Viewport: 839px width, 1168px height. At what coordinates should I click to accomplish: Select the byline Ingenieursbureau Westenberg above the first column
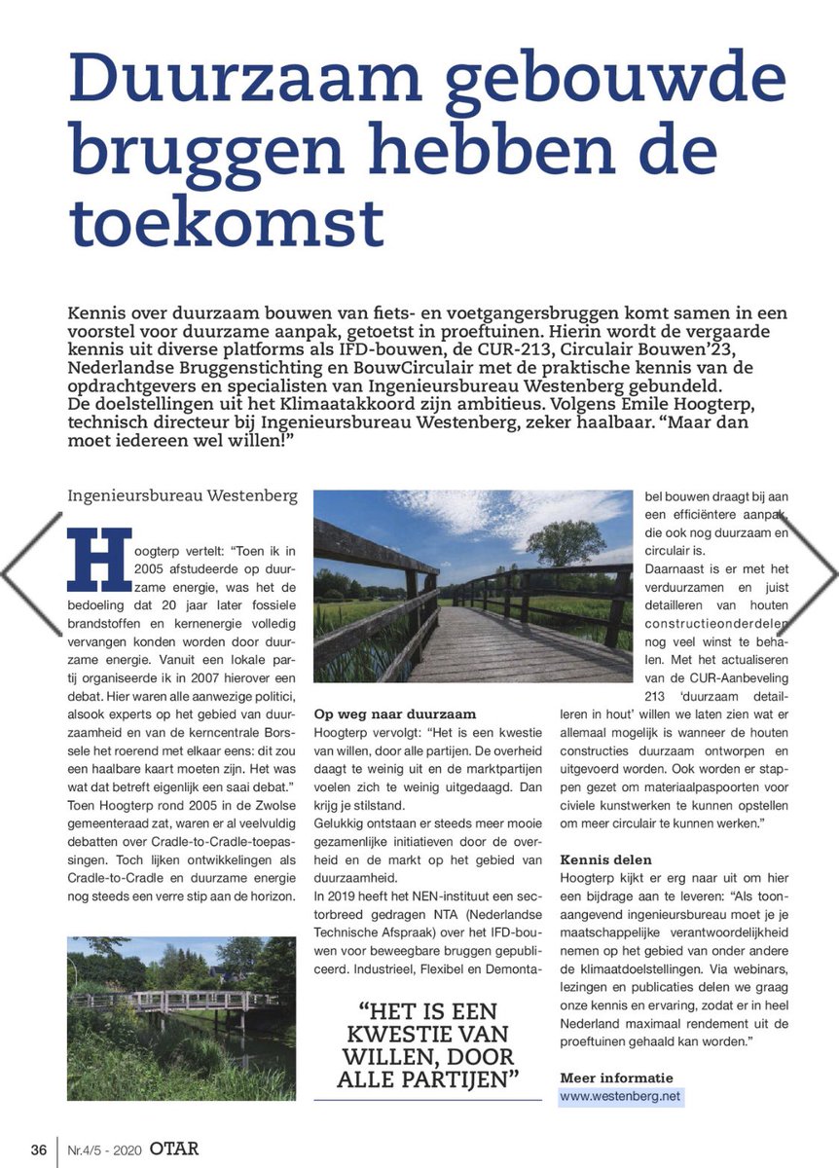pyautogui.click(x=182, y=494)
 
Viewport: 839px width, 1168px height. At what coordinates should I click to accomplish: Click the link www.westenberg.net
pyautogui.click(x=621, y=1097)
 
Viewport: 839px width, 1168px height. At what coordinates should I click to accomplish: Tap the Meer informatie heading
pyautogui.click(x=616, y=1077)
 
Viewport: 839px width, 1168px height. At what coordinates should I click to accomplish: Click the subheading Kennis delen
pyautogui.click(x=605, y=859)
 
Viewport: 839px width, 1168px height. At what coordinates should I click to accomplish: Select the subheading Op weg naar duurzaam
pyautogui.click(x=394, y=713)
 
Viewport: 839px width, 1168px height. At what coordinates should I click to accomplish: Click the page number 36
pyautogui.click(x=38, y=1150)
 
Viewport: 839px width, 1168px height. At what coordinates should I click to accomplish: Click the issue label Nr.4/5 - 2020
pyautogui.click(x=104, y=1150)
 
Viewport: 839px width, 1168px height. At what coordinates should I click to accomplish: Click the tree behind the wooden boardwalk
pyautogui.click(x=565, y=541)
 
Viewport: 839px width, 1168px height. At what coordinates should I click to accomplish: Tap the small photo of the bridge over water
pyautogui.click(x=181, y=1017)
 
